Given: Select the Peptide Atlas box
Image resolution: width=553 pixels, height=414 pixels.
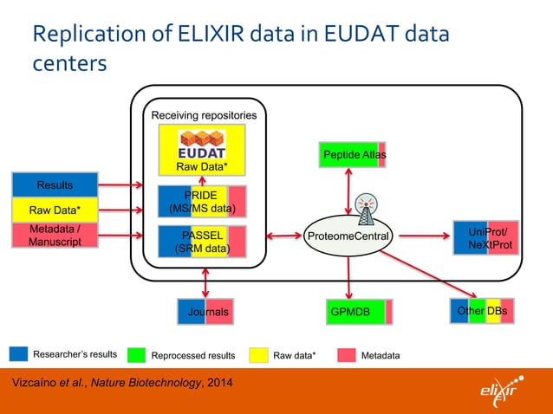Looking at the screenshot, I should click(x=353, y=154).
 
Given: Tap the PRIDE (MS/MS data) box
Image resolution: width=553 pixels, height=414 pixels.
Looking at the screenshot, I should click(x=201, y=201).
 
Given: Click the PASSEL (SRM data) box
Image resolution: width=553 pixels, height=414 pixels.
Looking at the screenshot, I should click(x=201, y=242).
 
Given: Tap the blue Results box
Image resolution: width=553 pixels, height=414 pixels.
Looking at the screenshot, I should click(x=55, y=185).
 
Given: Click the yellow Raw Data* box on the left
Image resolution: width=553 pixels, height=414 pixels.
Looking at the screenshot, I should click(x=55, y=209).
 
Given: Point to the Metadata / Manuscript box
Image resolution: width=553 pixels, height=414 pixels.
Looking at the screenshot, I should click(x=55, y=236).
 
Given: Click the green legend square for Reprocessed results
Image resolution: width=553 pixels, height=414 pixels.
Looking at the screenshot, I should click(x=136, y=354).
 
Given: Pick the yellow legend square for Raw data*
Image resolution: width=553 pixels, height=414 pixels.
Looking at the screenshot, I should click(x=257, y=354).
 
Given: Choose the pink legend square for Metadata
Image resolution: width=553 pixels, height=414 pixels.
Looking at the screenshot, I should click(x=346, y=354).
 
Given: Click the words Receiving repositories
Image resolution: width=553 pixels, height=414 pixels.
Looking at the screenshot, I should click(x=204, y=115).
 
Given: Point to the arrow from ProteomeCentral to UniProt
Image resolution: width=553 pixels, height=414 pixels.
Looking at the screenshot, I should click(x=426, y=236).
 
